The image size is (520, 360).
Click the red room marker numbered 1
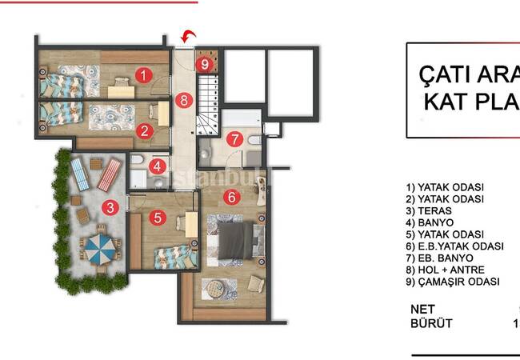(143, 76)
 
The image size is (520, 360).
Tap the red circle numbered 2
(145, 130)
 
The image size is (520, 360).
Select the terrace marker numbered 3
(112, 208)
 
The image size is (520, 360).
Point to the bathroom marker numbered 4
(158, 167)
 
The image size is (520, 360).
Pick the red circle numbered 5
(158, 217)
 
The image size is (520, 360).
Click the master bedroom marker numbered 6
(230, 196)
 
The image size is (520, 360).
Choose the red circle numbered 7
(233, 138)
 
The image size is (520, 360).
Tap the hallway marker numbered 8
(185, 101)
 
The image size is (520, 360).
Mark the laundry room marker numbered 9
(205, 63)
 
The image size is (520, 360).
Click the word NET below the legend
(423, 308)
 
